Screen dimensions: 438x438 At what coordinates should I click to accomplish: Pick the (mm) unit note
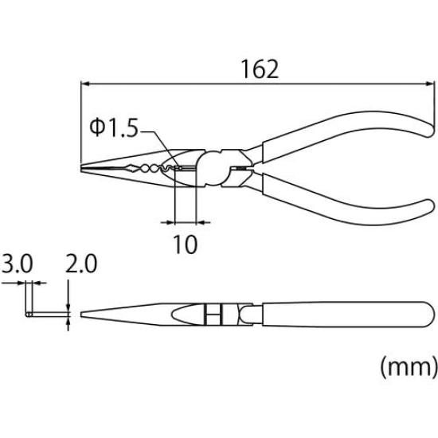pyautogui.click(x=407, y=367)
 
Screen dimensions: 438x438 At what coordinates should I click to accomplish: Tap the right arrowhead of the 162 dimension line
pyautogui.click(x=430, y=83)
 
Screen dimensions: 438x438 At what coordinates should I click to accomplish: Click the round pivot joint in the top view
pyautogui.click(x=215, y=168)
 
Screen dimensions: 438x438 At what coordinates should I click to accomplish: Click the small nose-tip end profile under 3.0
pyautogui.click(x=29, y=314)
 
